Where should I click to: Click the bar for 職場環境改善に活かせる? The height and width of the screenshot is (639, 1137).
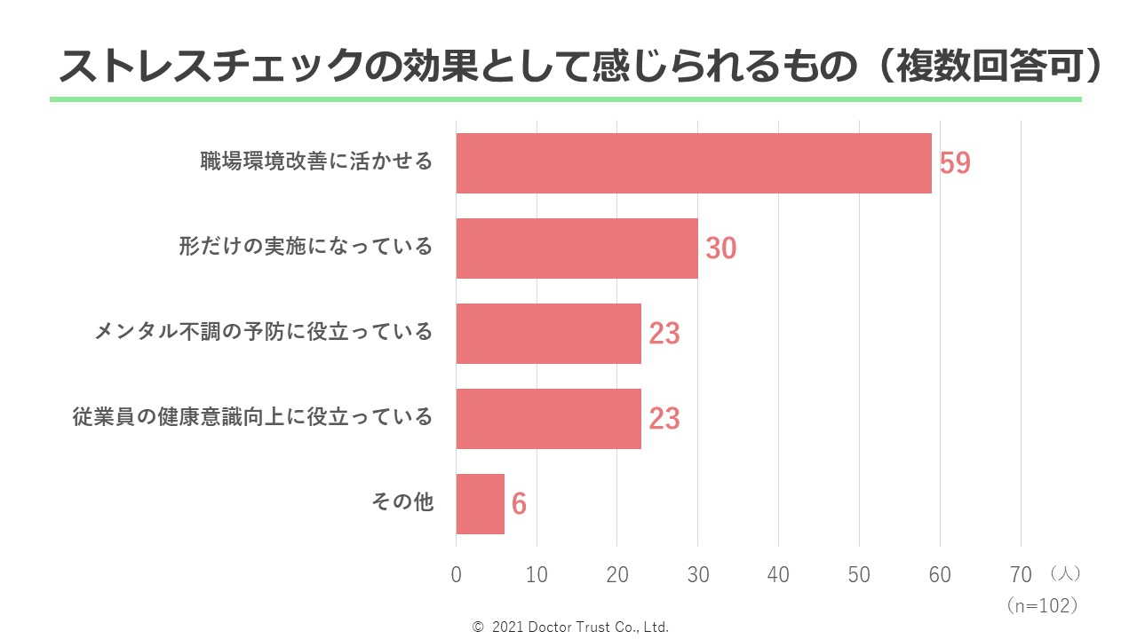point(693,163)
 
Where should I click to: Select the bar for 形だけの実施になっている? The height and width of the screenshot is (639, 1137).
point(576,248)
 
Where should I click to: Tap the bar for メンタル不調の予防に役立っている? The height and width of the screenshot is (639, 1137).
point(548,334)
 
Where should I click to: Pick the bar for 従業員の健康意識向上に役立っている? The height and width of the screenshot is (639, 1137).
point(548,418)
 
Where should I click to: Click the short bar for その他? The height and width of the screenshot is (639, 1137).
point(480,504)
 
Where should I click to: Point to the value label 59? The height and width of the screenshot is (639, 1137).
point(955,164)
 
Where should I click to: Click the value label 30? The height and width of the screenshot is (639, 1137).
point(720,249)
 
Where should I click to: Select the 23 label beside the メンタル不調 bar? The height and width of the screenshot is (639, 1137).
point(664,335)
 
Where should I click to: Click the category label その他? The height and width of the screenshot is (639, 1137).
point(402,502)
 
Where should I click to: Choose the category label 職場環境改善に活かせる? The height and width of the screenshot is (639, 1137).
point(316,162)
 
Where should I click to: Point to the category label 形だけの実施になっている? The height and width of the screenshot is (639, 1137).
point(306,247)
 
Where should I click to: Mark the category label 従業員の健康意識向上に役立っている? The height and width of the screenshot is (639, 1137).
point(253,417)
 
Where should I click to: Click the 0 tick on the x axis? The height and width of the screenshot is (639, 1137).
point(457,575)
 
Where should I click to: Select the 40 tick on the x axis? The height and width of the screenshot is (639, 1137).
point(778,575)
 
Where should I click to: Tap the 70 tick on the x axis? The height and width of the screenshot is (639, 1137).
point(1020,575)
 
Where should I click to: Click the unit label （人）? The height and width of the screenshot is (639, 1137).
point(1064,574)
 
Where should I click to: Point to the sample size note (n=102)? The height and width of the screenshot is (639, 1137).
point(1043,605)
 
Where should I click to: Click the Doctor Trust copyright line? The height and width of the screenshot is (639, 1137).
point(570,627)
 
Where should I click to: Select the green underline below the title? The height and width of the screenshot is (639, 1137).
point(565,99)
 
